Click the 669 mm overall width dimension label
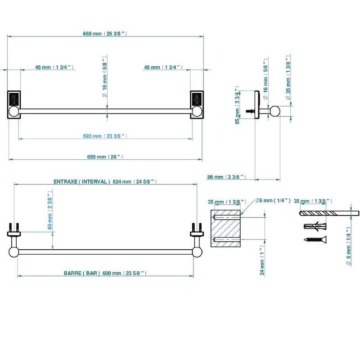pyautogui.click(x=105, y=34)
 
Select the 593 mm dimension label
pyautogui.click(x=105, y=136)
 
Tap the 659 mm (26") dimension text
pyautogui.click(x=105, y=157)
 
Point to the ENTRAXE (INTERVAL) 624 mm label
pyautogui.click(x=105, y=182)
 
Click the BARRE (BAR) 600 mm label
pyautogui.click(x=105, y=273)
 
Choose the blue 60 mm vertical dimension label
pyautogui.click(x=50, y=210)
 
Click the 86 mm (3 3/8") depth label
pyautogui.click(x=227, y=177)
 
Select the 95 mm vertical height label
pyautogui.click(x=237, y=105)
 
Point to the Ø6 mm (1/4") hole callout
pyautogui.click(x=273, y=200)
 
